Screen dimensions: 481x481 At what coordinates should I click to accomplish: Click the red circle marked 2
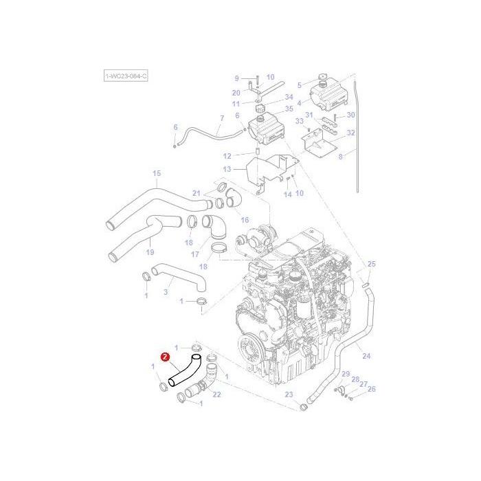pos(165,357)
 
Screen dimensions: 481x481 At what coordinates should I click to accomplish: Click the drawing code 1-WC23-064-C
pos(126,76)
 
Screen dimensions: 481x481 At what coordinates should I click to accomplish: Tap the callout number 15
pos(156,173)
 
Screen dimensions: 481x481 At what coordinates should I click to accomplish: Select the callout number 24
pos(366,356)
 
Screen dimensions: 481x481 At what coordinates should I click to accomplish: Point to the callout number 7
pos(221,118)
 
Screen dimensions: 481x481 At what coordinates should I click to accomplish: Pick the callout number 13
pos(227,169)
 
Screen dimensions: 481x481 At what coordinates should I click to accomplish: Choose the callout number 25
pos(371,264)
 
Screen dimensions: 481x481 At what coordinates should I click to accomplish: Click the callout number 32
pos(350,133)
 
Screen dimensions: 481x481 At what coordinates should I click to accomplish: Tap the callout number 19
pos(150,251)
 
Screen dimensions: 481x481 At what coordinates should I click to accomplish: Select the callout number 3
pos(166,292)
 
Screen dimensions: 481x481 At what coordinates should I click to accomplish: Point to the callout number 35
pos(289,109)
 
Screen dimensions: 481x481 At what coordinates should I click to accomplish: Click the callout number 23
pos(289,394)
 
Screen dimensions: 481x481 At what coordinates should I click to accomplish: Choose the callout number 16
pos(244,220)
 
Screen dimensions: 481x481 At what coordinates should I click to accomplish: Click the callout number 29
pos(346,374)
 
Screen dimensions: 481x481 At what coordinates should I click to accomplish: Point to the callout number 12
pos(227,155)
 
